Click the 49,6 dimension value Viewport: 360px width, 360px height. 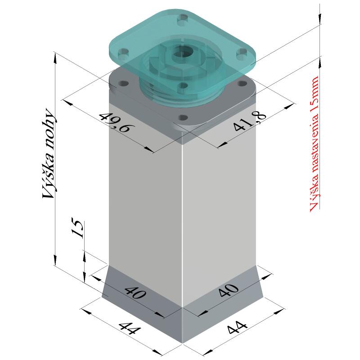tap(114, 121)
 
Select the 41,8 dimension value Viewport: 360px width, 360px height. tap(250, 121)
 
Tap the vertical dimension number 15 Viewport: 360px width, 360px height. tap(77, 229)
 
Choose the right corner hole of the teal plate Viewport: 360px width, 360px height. tap(243, 53)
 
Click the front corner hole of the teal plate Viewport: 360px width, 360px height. tap(182, 85)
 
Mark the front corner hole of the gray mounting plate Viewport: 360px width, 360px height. tap(182, 117)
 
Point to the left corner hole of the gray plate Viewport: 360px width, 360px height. tap(123, 83)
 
